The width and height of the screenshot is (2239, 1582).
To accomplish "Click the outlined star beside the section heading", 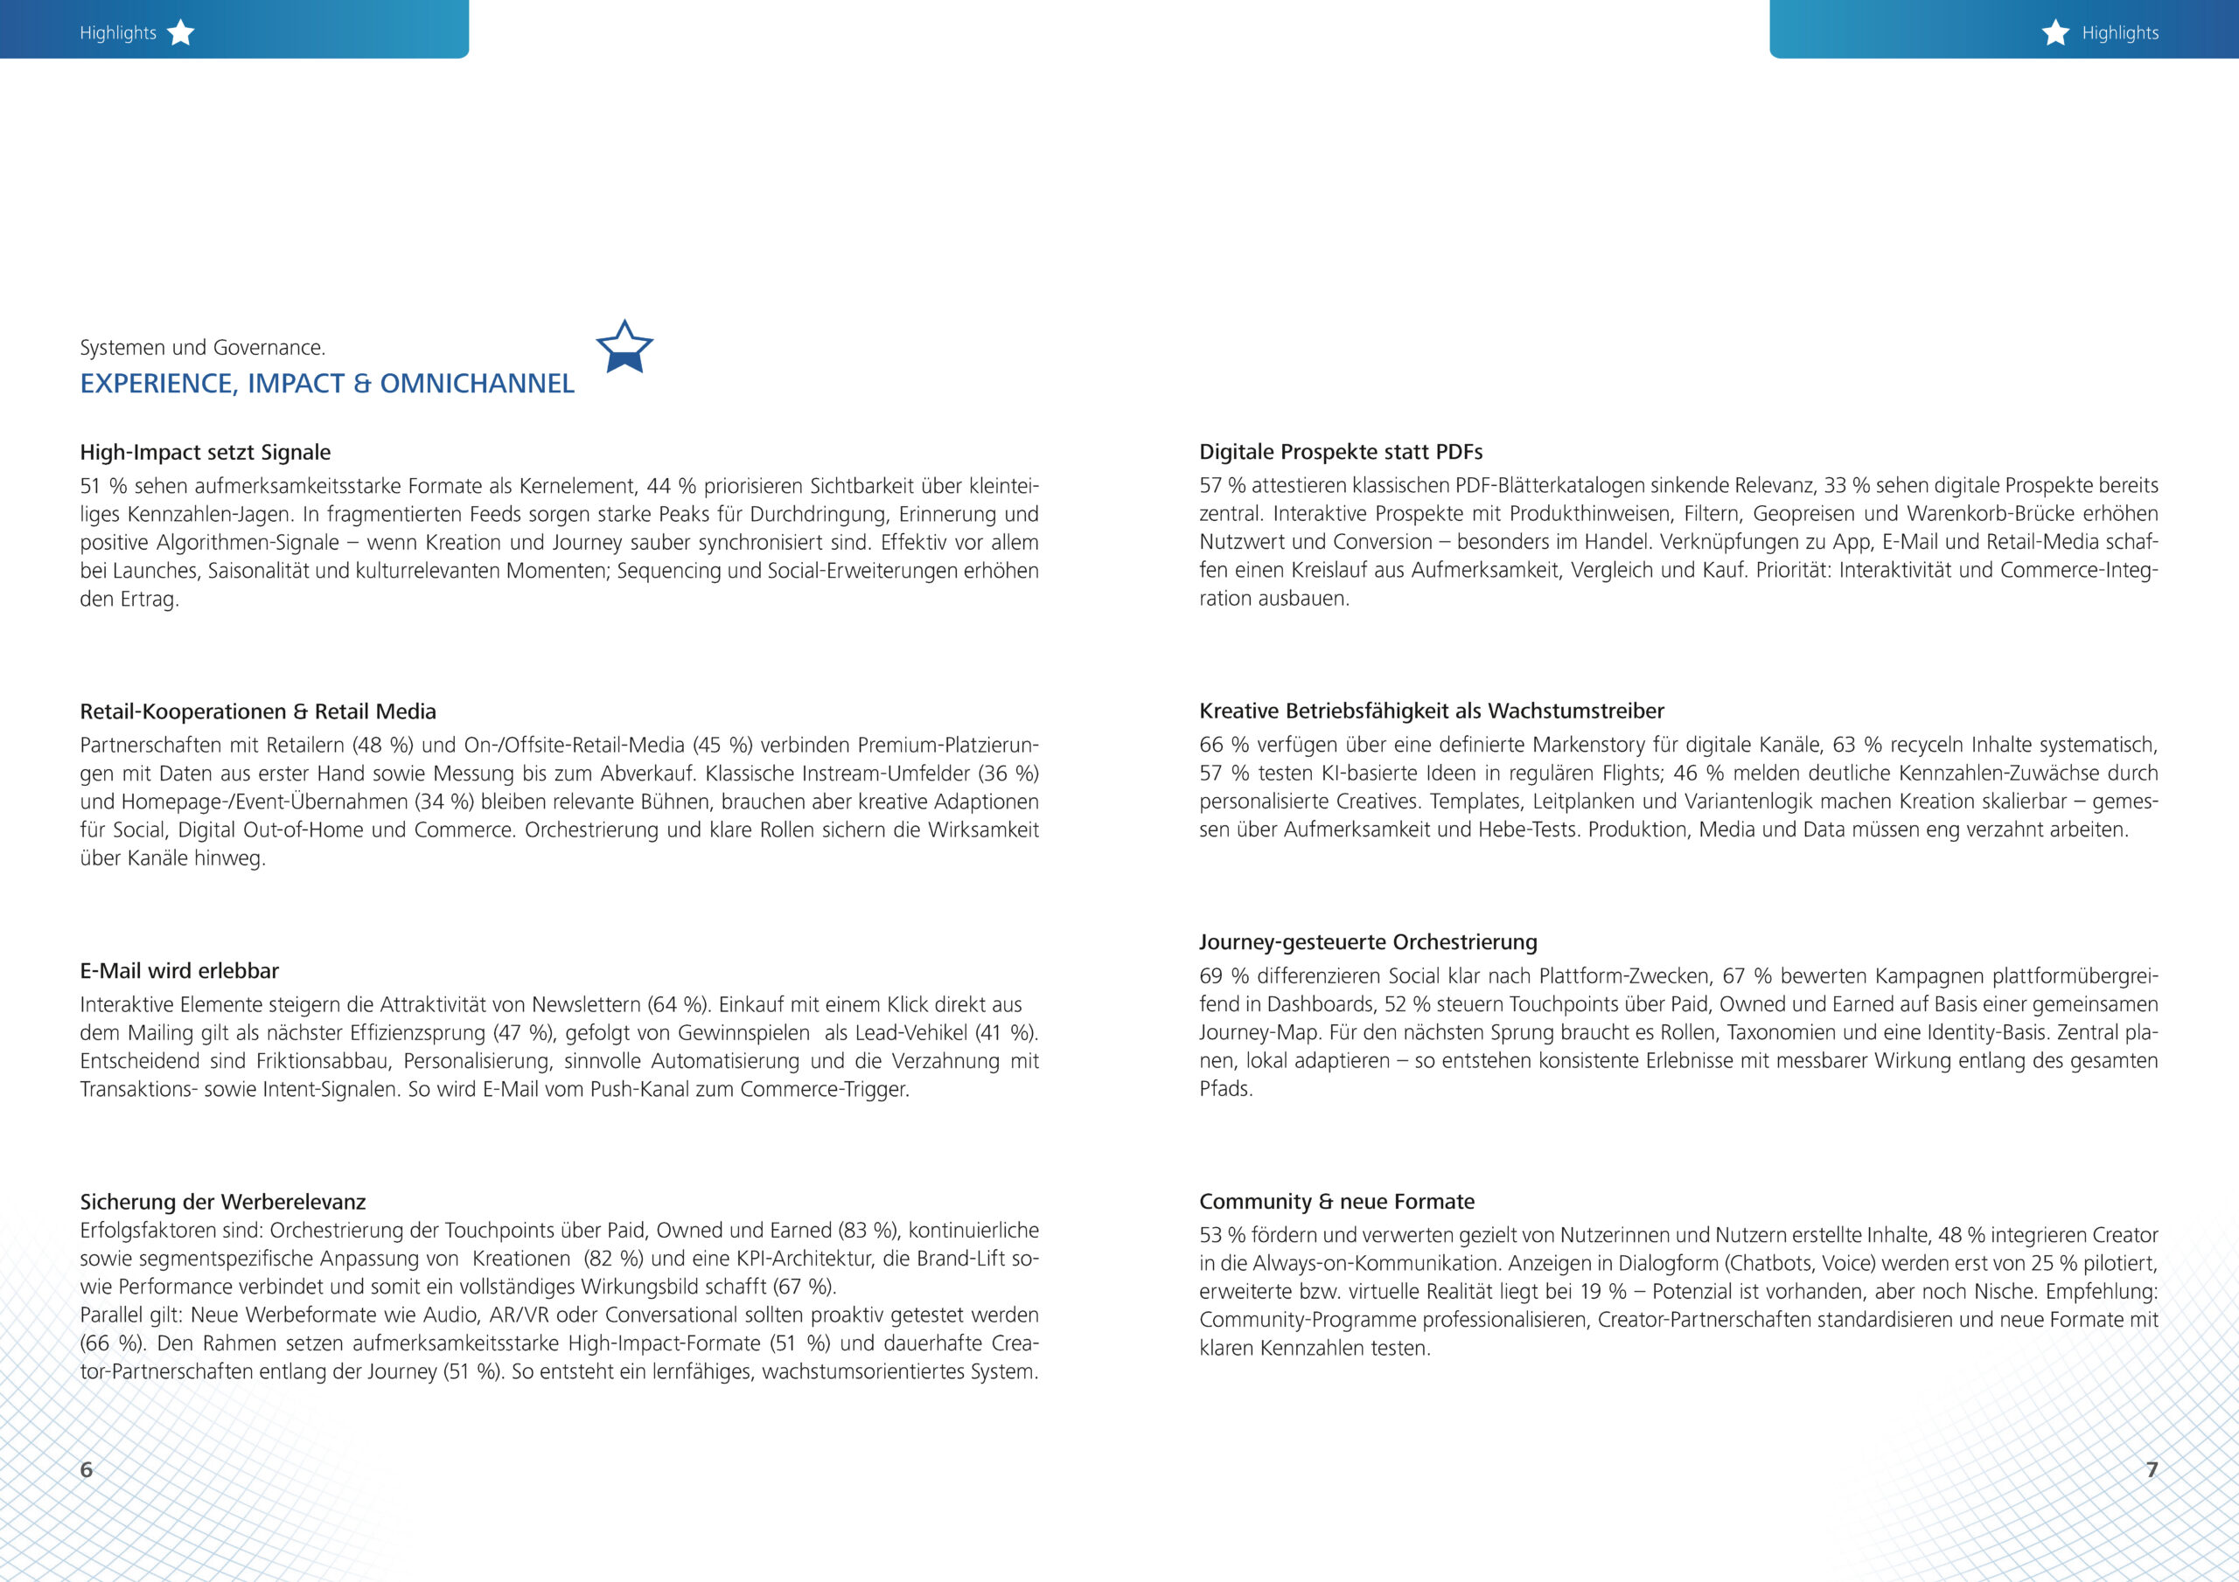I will click(x=624, y=347).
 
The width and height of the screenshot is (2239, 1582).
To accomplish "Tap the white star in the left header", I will click(x=180, y=33).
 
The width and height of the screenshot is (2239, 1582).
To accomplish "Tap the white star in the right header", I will click(x=2055, y=33).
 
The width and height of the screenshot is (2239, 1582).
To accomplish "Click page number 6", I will click(x=87, y=1469).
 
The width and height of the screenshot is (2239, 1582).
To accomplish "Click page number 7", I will click(x=2152, y=1469).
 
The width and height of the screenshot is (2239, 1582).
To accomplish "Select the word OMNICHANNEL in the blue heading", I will click(x=477, y=384).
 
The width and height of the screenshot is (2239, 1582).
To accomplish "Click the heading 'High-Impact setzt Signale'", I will click(x=205, y=452).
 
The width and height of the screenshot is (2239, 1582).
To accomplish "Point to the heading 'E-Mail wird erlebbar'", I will click(x=179, y=971).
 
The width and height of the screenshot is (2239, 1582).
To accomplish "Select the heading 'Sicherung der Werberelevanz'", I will click(x=222, y=1202).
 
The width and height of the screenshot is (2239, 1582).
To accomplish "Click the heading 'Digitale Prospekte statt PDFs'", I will click(x=1341, y=452).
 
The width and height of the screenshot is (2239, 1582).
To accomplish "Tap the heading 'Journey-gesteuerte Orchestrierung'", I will click(x=1368, y=942).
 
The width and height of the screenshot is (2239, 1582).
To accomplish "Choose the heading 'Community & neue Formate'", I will click(x=1337, y=1202).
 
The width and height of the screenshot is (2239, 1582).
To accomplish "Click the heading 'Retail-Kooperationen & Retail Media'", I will click(x=258, y=711).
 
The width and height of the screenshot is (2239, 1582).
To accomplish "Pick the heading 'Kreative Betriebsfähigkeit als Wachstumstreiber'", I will click(x=1432, y=711).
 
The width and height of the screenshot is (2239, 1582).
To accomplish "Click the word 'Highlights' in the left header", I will click(x=118, y=33).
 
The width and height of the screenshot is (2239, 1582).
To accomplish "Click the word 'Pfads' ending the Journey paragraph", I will click(x=1224, y=1090).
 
